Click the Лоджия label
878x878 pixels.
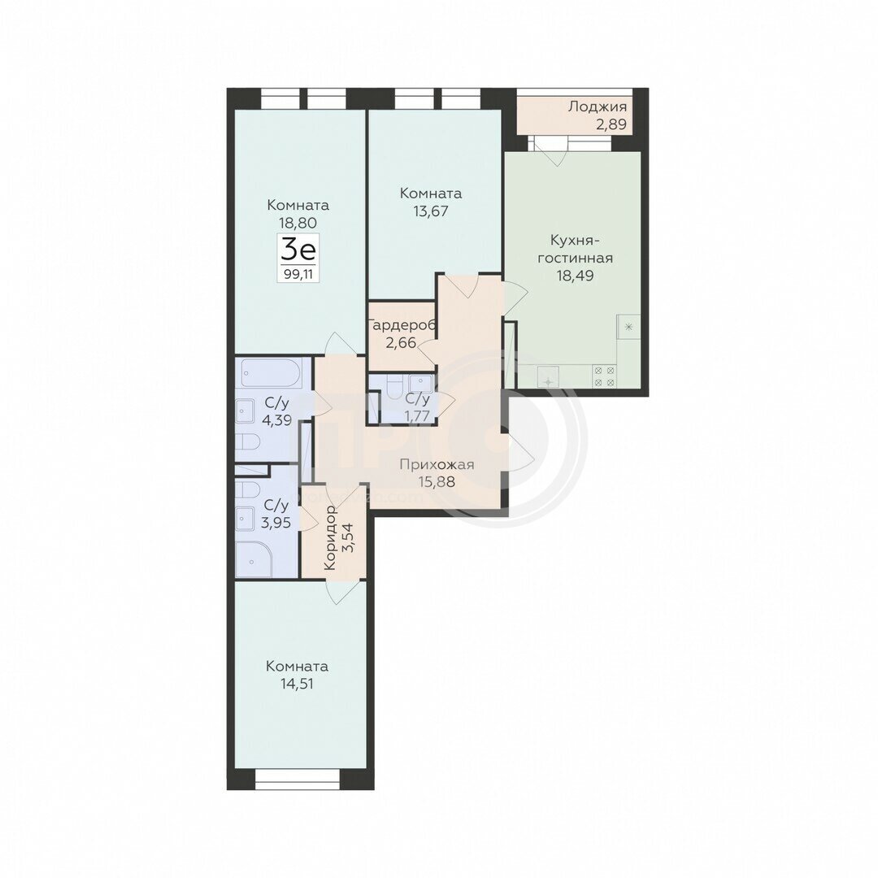pos(597,106)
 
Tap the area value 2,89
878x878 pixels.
pos(611,124)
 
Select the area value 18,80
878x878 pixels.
pos(298,222)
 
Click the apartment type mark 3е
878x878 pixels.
pos(298,250)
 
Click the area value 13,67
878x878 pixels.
pos(431,211)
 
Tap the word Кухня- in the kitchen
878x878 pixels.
pos(575,240)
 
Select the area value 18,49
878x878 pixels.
pos(575,276)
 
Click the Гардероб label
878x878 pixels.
pos(402,324)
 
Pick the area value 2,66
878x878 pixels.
pos(401,342)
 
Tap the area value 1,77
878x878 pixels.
pos(416,416)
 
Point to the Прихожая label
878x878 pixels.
pos(437,464)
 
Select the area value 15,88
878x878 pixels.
pos(437,481)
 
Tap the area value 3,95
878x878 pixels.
pos(276,523)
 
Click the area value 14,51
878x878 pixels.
pos(297,684)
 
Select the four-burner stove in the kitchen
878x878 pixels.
pos(604,376)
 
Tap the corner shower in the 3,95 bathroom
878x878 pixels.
pos(254,559)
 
